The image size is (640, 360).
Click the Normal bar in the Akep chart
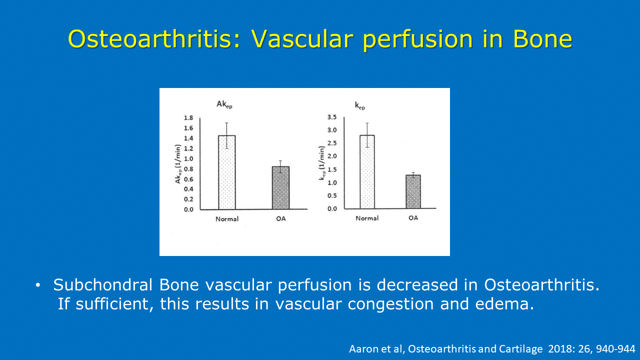227,172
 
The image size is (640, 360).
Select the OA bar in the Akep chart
280,187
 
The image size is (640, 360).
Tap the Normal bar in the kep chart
367,171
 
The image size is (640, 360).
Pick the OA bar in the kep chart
413,191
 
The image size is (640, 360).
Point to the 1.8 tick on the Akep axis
188,117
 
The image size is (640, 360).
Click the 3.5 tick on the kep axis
332,117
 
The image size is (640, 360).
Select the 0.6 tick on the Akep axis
188,179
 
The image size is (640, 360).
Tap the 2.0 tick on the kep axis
332,156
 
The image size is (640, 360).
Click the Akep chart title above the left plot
224,104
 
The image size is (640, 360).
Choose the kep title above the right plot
360,106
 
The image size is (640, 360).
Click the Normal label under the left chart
227,219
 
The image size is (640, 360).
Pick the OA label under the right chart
413,218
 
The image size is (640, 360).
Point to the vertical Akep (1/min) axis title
178,164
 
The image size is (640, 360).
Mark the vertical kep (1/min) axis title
321,163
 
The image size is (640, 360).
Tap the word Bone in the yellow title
543,39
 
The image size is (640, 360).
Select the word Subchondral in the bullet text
103,285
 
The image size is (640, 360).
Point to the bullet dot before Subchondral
38,285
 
